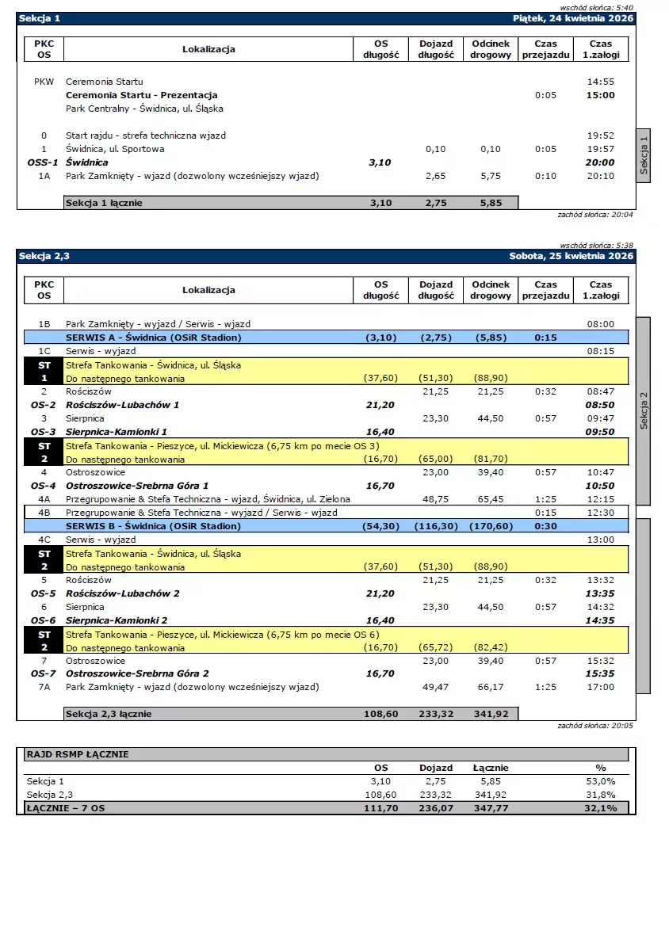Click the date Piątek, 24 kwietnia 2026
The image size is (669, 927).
pos(573,17)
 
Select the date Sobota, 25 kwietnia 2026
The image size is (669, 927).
pos(572,256)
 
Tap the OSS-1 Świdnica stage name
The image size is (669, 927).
pos(87,162)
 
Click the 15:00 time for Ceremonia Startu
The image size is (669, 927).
pos(600,95)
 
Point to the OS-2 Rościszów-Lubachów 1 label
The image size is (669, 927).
pos(122,405)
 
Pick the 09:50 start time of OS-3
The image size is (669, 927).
pos(600,432)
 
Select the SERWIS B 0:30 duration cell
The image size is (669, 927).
pos(545,526)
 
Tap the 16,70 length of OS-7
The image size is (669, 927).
pos(380,673)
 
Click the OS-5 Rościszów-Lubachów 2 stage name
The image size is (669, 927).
pos(122,593)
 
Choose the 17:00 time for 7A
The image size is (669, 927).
pos(600,687)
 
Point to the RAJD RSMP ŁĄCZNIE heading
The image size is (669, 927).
pos(78,754)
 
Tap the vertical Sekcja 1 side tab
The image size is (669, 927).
pos(644,155)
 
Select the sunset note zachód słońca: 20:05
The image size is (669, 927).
pos(595,726)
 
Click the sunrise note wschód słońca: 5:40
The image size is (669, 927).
pos(597,7)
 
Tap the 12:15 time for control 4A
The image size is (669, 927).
pos(600,499)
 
